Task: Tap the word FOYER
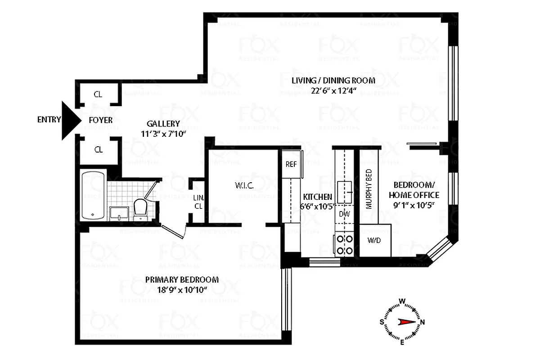pyautogui.click(x=100, y=120)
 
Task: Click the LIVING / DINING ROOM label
pyautogui.click(x=333, y=81)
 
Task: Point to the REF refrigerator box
pyautogui.click(x=291, y=164)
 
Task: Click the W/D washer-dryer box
pyautogui.click(x=374, y=240)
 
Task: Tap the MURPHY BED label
pyautogui.click(x=369, y=189)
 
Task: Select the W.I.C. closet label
pyautogui.click(x=244, y=185)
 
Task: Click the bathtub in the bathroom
pyautogui.click(x=93, y=195)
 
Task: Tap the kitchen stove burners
pyautogui.click(x=345, y=244)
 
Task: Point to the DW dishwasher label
pyautogui.click(x=345, y=214)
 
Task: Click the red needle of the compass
pyautogui.click(x=406, y=322)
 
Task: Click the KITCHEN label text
pyautogui.click(x=318, y=197)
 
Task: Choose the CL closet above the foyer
pyautogui.click(x=98, y=94)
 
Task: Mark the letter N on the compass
pyautogui.click(x=423, y=322)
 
